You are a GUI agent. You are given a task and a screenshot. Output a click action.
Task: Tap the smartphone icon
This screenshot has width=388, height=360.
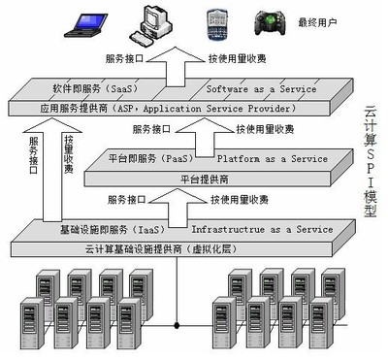tap(215, 20)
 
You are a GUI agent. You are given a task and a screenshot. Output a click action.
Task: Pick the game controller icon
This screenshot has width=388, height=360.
tap(268, 22)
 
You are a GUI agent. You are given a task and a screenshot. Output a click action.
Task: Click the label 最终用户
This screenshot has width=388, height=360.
tap(318, 20)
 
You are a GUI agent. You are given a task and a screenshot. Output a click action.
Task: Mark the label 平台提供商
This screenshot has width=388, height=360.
tap(210, 177)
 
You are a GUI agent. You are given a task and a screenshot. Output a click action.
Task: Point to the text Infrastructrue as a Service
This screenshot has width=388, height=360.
tap(262, 229)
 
